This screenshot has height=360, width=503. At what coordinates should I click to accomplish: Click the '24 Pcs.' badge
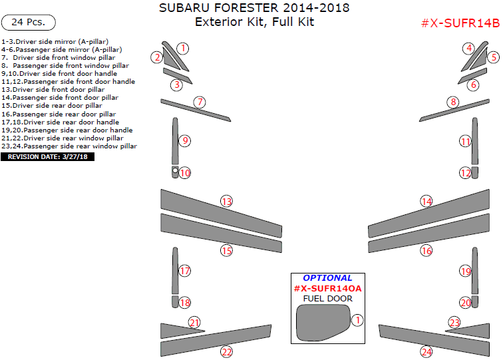(x=29, y=22)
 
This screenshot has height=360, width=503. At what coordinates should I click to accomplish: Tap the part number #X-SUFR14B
(x=460, y=23)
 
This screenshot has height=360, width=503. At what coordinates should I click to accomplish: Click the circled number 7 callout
(x=200, y=102)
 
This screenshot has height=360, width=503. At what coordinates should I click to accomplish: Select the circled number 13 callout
(x=227, y=201)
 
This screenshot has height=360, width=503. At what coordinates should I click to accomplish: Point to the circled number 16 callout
(x=426, y=251)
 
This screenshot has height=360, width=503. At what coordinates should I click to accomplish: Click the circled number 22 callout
(x=227, y=351)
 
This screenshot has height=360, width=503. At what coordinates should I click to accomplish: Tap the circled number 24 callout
(x=426, y=351)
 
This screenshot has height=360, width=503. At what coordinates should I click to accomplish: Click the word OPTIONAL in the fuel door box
(x=327, y=277)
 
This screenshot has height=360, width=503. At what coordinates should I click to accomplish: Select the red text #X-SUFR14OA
(x=327, y=288)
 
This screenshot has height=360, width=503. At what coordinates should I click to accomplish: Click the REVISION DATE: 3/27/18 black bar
(x=48, y=157)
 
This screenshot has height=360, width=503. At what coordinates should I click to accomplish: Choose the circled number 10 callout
(x=185, y=173)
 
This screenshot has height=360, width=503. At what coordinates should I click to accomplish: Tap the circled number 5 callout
(x=493, y=57)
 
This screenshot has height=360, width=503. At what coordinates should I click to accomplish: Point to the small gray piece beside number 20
(x=475, y=302)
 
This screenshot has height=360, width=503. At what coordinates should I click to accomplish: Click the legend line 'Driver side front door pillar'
(x=53, y=89)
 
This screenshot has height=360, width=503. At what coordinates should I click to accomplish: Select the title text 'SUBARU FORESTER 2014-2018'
(x=254, y=8)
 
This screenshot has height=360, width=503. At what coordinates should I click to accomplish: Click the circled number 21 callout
(x=194, y=323)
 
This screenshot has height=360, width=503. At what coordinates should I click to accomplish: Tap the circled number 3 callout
(x=176, y=85)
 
